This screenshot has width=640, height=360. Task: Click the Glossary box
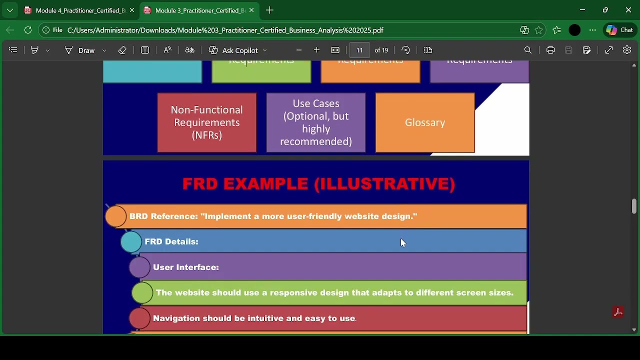[x=425, y=122]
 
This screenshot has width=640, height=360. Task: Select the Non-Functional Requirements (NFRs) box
[x=206, y=122]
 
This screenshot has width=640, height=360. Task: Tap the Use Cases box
[x=316, y=122]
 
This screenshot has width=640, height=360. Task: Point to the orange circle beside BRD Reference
[x=116, y=216]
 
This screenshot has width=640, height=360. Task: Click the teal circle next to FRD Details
[x=131, y=242]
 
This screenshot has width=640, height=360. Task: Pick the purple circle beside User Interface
[x=140, y=267]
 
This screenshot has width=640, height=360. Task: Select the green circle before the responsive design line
[x=142, y=293]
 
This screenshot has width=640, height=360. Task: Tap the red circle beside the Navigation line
[x=140, y=318]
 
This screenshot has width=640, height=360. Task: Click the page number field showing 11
[x=359, y=50]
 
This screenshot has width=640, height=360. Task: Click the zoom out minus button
[x=299, y=50]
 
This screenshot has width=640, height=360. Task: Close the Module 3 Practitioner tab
[x=251, y=10]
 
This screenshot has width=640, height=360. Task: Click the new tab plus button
[x=270, y=10]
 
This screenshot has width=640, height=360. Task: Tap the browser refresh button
[x=28, y=30]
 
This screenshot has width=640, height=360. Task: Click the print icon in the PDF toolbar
[x=550, y=50]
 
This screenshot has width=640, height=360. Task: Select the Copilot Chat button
[x=620, y=30]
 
